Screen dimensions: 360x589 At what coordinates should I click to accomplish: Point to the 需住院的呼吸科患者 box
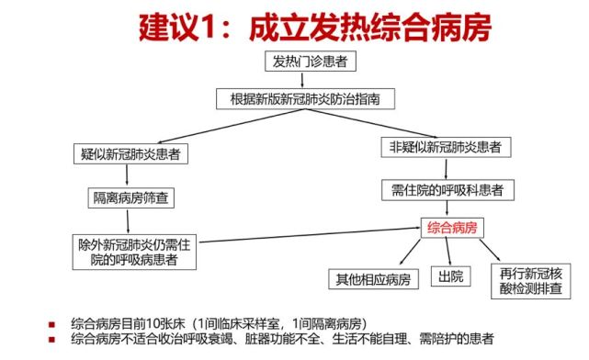pos(447,191)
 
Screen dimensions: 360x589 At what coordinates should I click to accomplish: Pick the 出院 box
pos(450,277)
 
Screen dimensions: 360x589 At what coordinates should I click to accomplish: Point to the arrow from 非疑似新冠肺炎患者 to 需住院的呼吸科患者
pos(447,169)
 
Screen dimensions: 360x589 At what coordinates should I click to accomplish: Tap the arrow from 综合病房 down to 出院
pos(450,253)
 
